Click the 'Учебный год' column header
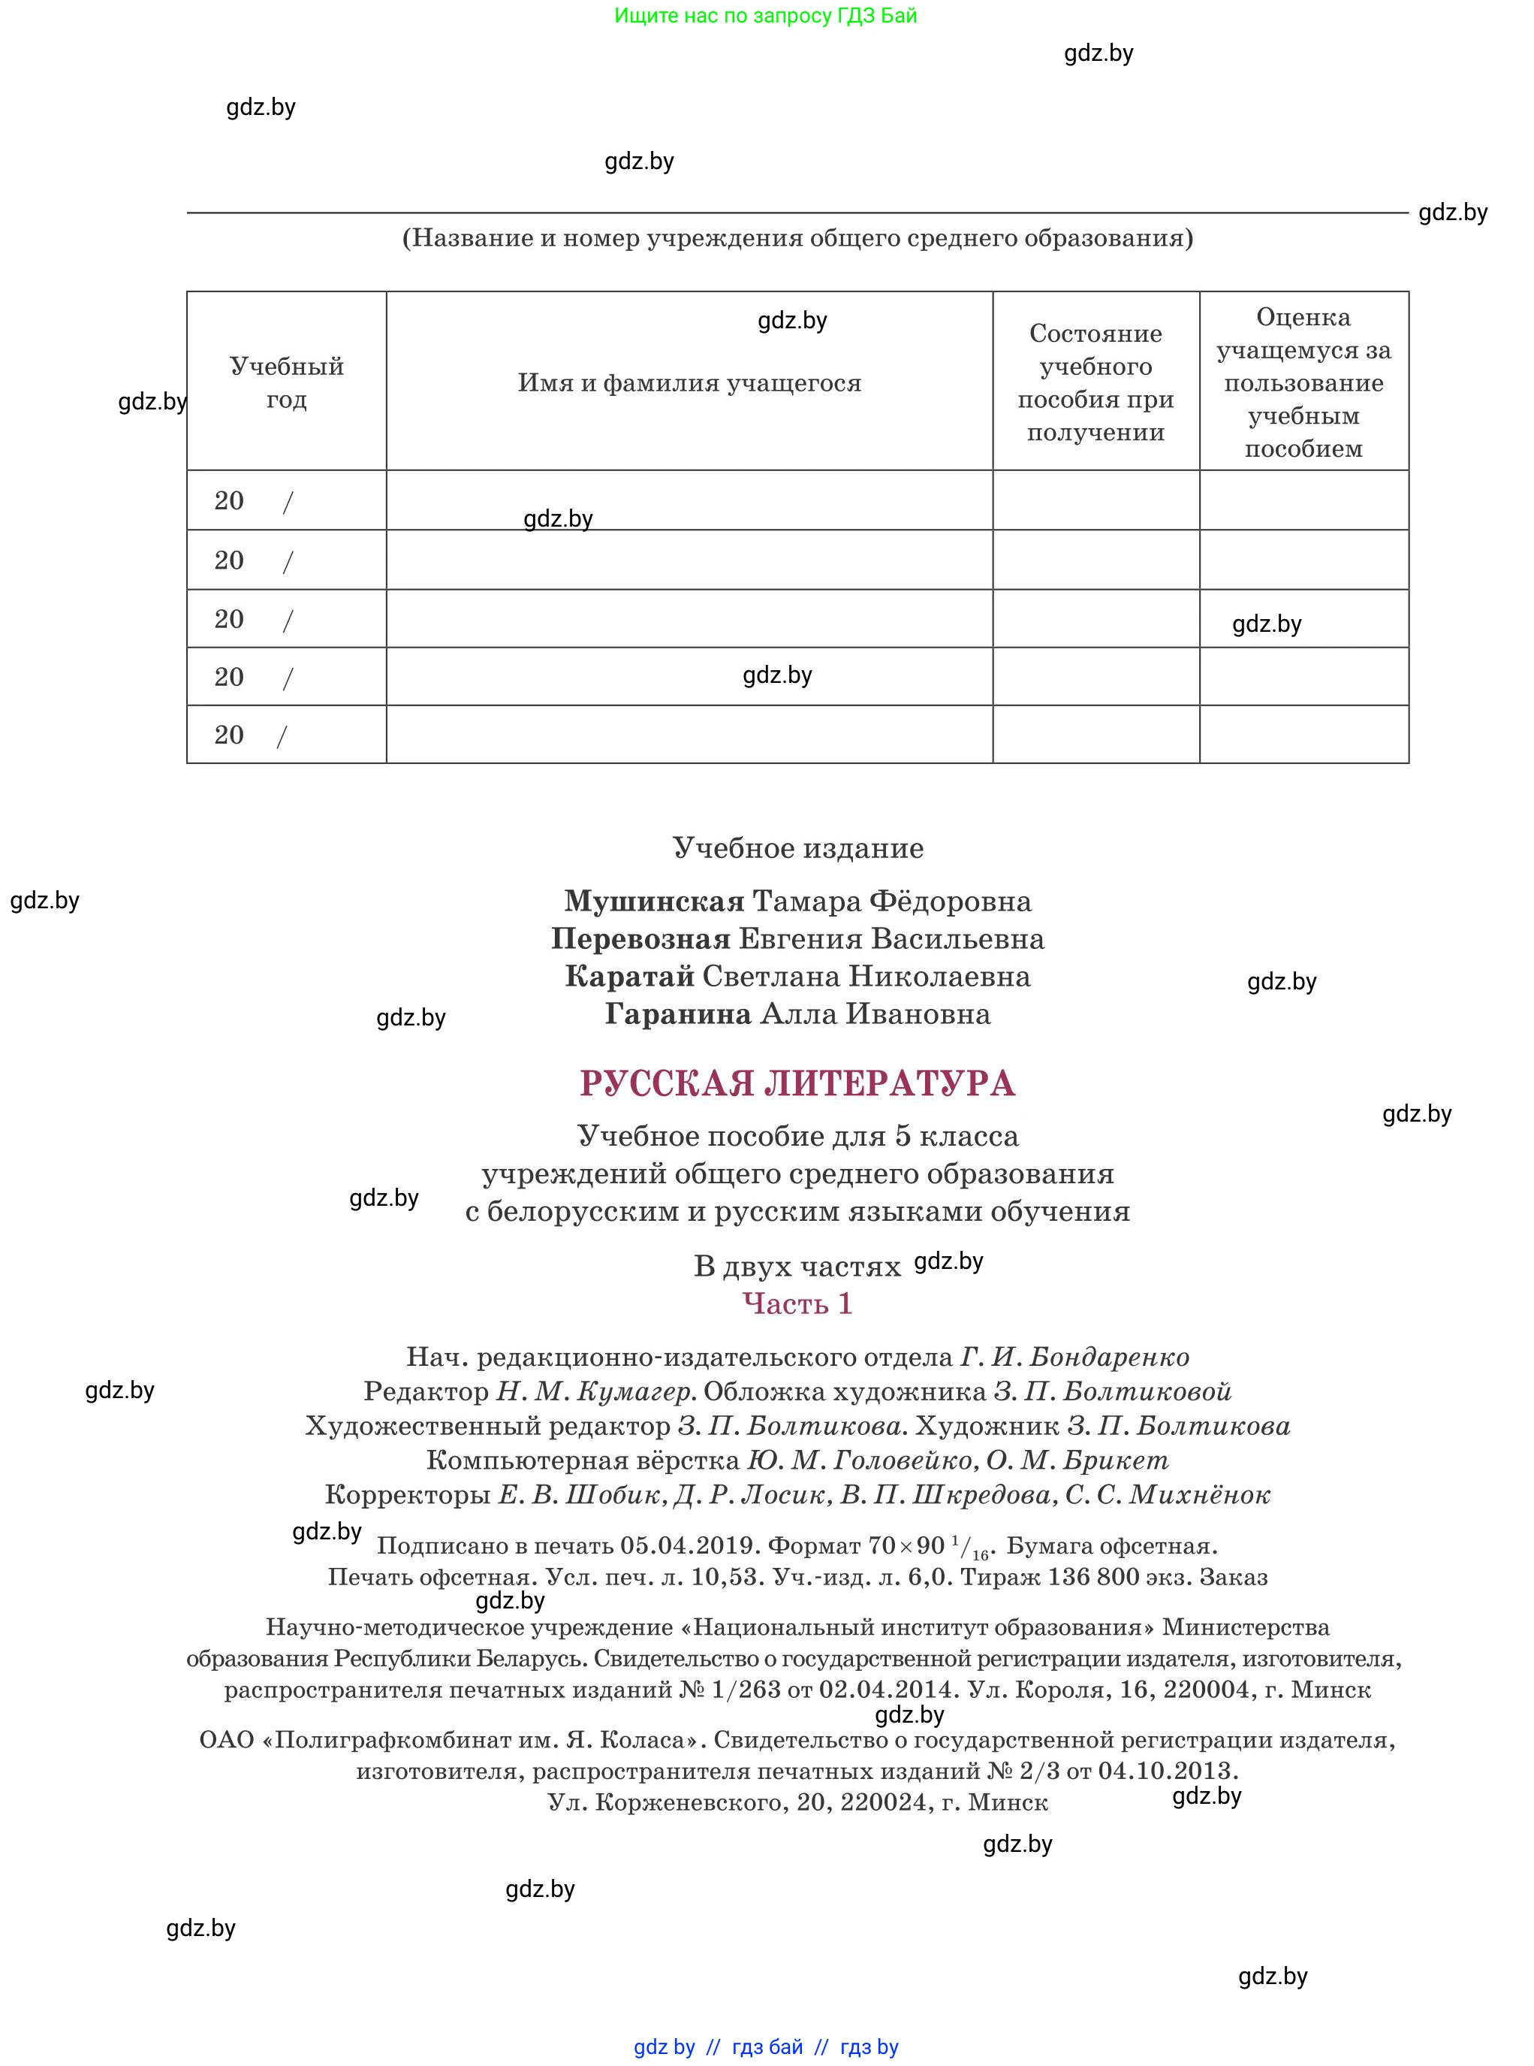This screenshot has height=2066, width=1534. pos(286,382)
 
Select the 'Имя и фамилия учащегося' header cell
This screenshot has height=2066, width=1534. pos(689,382)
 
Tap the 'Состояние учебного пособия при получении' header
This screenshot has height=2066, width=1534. pos(1095,382)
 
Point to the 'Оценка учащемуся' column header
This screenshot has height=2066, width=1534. pos(1303,382)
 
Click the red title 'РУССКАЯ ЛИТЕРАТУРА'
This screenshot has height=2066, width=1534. pos(797,1083)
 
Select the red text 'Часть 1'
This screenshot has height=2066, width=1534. pos(797,1303)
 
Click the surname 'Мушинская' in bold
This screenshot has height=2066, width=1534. pos(654,901)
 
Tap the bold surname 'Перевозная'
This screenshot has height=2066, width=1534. pos(640,939)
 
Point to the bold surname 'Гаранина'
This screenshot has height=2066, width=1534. pos(678,1013)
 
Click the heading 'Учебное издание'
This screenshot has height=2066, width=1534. pos(797,847)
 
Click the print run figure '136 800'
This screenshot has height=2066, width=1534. pos(1093,1576)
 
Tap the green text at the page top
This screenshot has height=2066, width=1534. pos(765,16)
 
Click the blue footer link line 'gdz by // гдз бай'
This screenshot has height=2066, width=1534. pos(765,2046)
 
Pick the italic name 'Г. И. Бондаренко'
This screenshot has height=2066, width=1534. pos(1074,1358)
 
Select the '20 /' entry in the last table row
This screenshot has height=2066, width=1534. pos(251,735)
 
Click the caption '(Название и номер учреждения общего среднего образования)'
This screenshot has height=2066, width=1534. pos(797,238)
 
